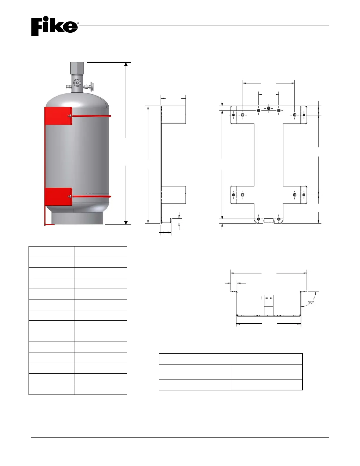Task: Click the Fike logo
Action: [x=54, y=26]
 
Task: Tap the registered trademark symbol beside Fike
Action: [x=78, y=23]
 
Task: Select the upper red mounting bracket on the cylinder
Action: [x=58, y=116]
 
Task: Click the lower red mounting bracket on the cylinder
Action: [x=58, y=197]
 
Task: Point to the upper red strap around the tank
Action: [x=91, y=116]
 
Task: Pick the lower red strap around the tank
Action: [x=91, y=197]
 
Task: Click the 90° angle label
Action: [x=311, y=302]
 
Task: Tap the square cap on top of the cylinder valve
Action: [x=77, y=68]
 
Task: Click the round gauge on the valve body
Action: [x=76, y=83]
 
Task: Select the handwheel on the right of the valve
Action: [x=92, y=86]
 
